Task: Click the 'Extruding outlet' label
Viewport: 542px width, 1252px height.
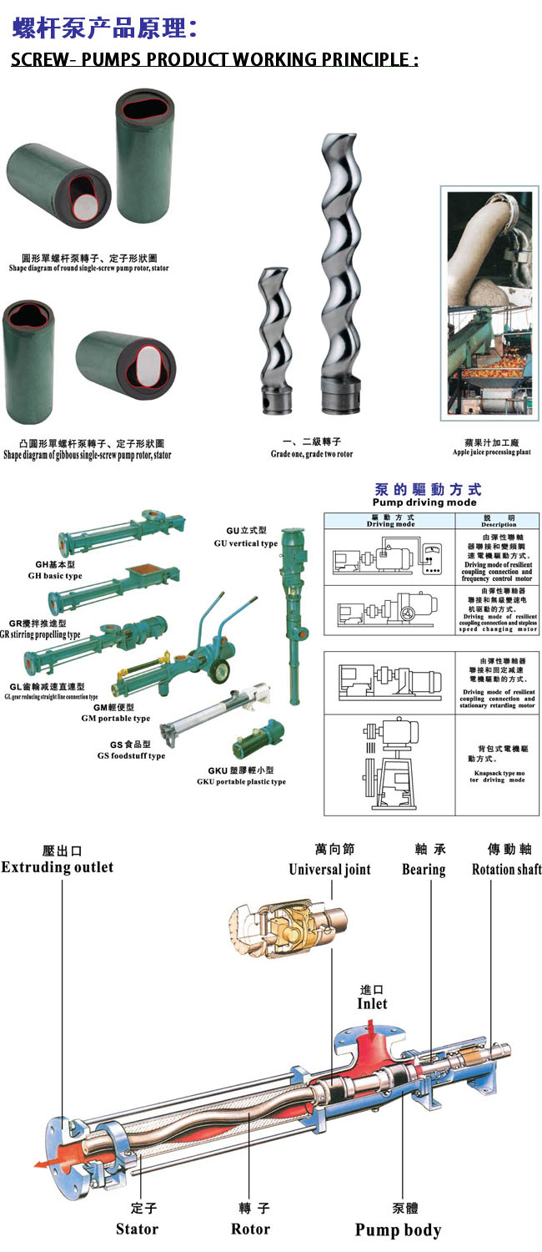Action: click(x=57, y=867)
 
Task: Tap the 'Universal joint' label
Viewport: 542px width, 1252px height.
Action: click(x=329, y=870)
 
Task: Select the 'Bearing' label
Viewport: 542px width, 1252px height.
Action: click(x=424, y=870)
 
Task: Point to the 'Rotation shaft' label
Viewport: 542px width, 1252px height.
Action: click(x=506, y=870)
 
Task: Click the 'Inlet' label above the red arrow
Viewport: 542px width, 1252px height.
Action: click(x=372, y=1003)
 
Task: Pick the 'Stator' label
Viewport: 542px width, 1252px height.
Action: click(x=137, y=1229)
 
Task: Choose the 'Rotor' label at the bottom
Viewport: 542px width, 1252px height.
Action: click(x=250, y=1229)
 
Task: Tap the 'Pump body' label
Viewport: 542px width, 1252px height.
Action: click(x=398, y=1229)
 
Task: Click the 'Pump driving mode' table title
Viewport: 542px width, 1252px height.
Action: click(x=424, y=502)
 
